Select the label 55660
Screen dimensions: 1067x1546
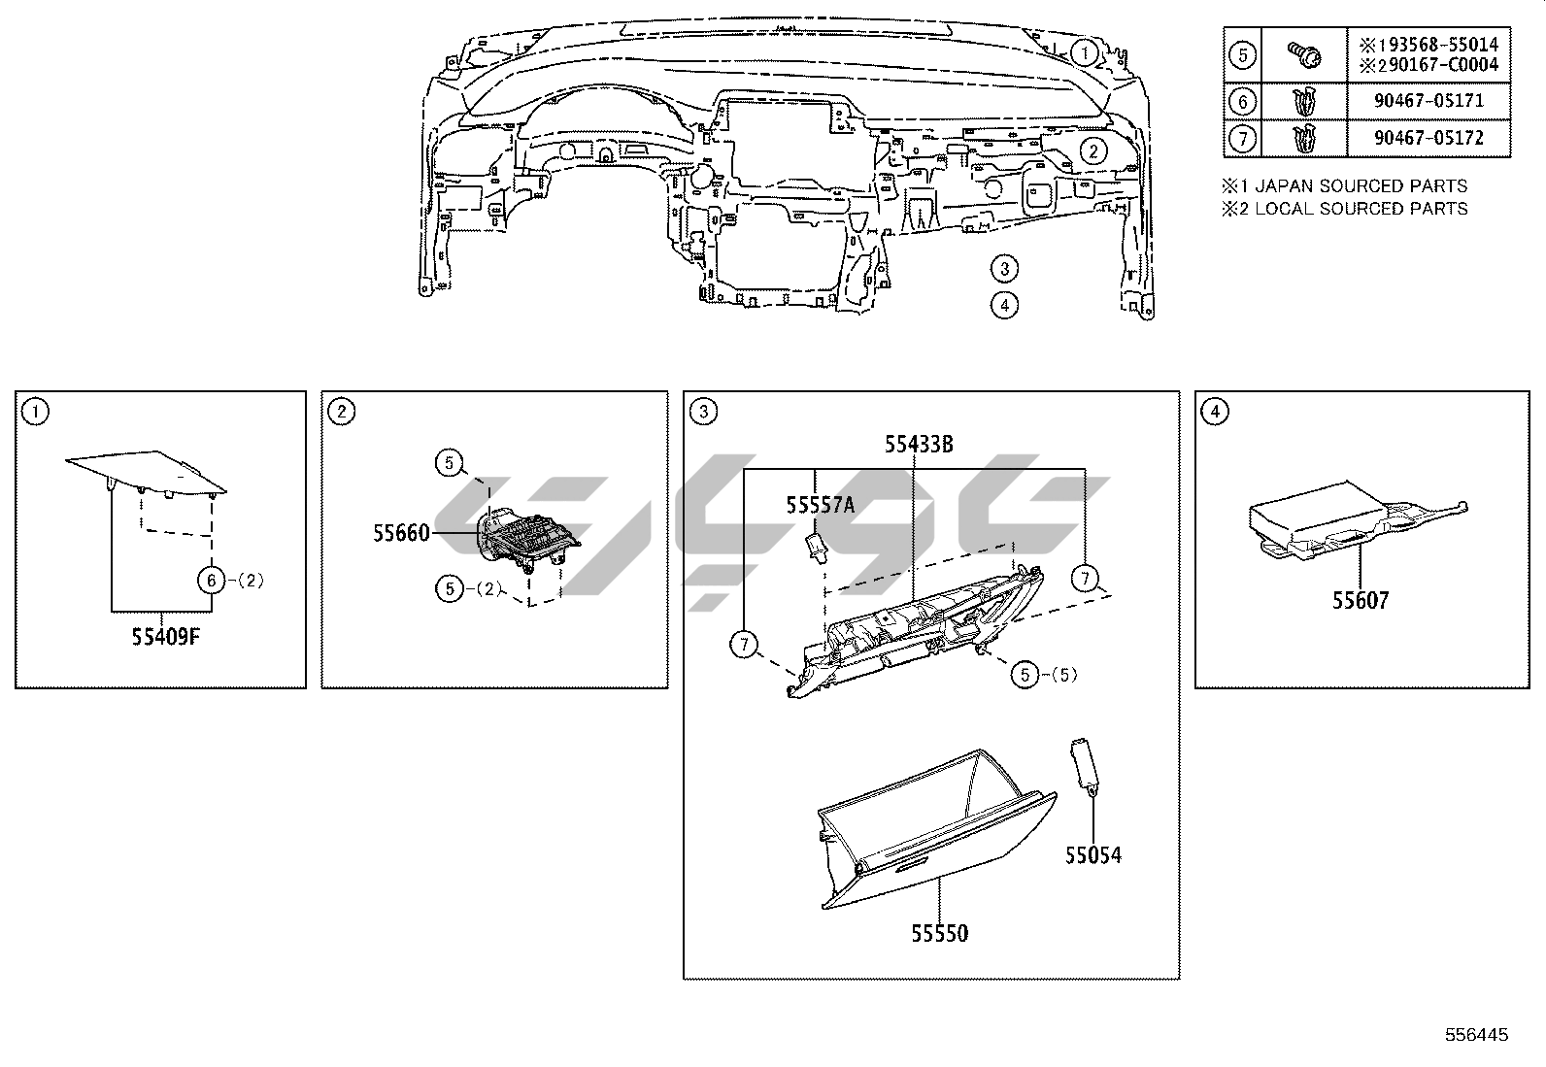(401, 532)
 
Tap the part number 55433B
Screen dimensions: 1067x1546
(918, 445)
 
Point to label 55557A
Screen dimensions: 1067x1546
(821, 504)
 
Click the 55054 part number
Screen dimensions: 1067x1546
(1092, 855)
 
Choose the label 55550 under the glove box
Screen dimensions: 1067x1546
(940, 933)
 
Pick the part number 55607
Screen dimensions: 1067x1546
(1360, 600)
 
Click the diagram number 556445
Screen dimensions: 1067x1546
(1476, 1035)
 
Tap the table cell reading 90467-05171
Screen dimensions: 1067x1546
(1428, 101)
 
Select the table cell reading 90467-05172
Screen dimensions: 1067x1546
(1428, 138)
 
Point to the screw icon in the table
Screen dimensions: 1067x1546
(1303, 53)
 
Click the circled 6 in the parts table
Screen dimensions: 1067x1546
(1242, 101)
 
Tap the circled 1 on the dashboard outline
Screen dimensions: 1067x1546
(1086, 50)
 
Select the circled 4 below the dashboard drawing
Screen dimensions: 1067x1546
(1004, 304)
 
